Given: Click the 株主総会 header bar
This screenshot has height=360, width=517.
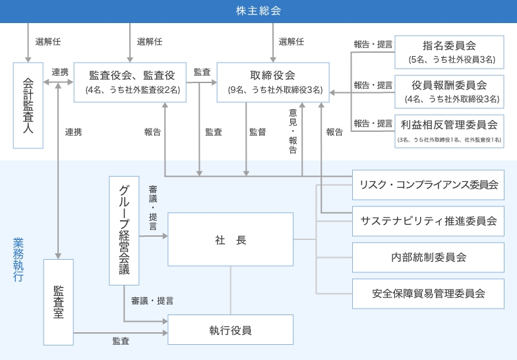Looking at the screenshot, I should tap(258, 11).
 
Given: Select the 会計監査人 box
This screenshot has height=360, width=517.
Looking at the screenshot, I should tap(28, 105).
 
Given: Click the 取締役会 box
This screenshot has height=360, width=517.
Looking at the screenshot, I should tap(273, 82).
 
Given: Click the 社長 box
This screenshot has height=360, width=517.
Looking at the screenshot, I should tap(231, 240).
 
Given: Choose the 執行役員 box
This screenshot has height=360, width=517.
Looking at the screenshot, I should tap(231, 330).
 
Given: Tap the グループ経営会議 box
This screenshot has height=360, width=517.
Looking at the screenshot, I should tap(124, 230).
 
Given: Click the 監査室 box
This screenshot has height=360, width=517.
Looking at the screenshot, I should tap(59, 302).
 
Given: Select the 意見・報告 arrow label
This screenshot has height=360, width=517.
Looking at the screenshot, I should tap(293, 131).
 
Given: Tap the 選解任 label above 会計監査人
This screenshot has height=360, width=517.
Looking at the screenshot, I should tap(48, 42).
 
